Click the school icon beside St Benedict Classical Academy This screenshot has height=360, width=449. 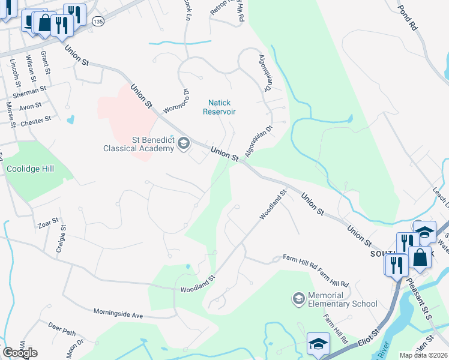pyautogui.click(x=184, y=143)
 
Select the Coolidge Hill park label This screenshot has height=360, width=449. pyautogui.click(x=30, y=169)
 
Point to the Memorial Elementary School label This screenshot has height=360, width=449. pyautogui.click(x=342, y=299)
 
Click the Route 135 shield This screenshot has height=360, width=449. pyautogui.click(x=98, y=22)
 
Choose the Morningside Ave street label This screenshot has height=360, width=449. pyautogui.click(x=118, y=313)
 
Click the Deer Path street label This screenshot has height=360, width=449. pyautogui.click(x=62, y=330)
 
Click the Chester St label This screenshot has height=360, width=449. pyautogui.click(x=36, y=121)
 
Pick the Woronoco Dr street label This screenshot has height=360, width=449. pyautogui.click(x=176, y=101)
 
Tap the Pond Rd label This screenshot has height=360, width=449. pyautogui.click(x=408, y=18)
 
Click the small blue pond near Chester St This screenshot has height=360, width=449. pyautogui.click(x=71, y=119)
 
